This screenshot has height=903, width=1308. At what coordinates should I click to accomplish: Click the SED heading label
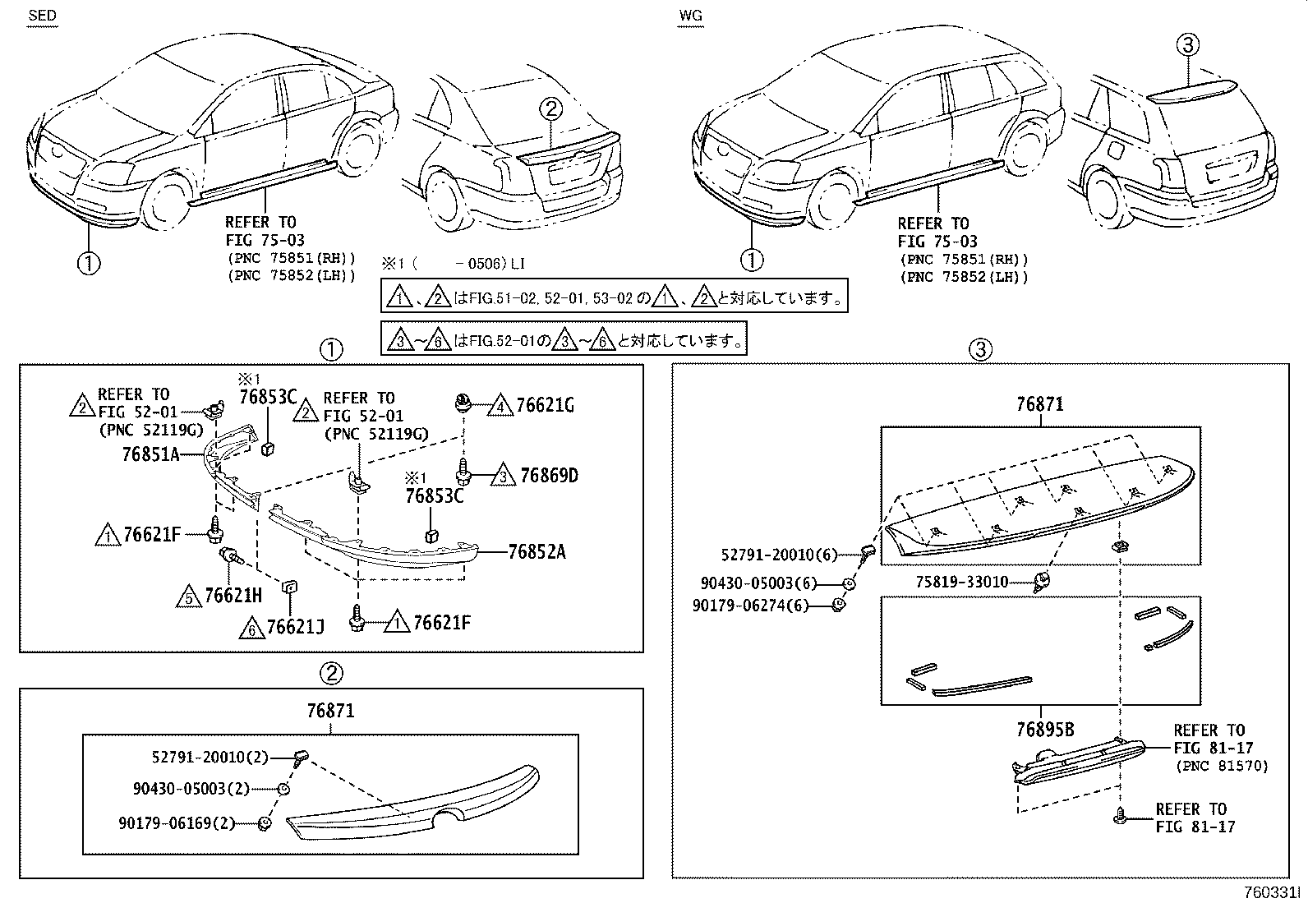[x=42, y=15]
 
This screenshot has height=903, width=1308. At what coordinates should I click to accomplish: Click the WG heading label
[x=691, y=16]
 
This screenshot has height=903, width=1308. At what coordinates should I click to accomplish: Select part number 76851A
[x=150, y=454]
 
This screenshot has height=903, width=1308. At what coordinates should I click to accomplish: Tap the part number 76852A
[x=537, y=551]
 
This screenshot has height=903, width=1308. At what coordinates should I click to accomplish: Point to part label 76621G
[x=545, y=405]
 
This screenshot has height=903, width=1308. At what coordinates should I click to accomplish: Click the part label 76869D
[x=549, y=476]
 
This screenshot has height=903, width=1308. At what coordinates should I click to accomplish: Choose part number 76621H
[x=233, y=595]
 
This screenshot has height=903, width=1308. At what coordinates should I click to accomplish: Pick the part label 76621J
[x=295, y=627]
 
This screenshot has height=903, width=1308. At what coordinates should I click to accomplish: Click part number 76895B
[x=1045, y=729]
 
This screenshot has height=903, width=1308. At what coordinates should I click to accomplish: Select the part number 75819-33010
[x=962, y=582]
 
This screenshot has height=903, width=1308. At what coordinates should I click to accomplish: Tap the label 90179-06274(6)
[x=750, y=605]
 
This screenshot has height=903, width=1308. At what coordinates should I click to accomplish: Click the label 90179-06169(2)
[x=177, y=823]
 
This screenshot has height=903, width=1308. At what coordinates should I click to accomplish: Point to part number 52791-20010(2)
[x=210, y=757]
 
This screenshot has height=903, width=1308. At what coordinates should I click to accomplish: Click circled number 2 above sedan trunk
[x=550, y=108]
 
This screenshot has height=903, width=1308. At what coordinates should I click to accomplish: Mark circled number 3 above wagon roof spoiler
[x=1188, y=44]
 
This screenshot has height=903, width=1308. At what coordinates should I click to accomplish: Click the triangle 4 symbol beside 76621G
[x=500, y=405]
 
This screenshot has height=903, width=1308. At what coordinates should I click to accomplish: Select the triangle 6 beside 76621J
[x=251, y=629]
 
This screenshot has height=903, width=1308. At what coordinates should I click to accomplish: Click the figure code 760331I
[x=1272, y=892]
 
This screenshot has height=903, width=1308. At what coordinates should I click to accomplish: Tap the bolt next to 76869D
[x=463, y=472]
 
